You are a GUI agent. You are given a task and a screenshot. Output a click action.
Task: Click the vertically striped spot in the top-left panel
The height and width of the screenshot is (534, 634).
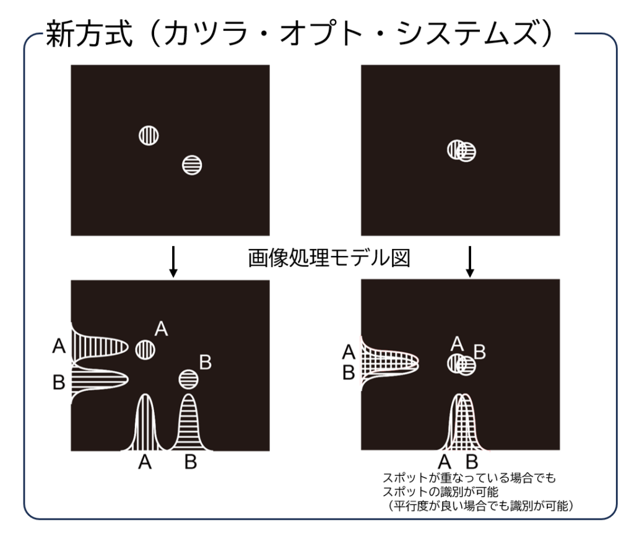point(149,135)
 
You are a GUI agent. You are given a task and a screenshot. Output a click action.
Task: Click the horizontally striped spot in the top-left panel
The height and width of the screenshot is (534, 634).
point(192,165)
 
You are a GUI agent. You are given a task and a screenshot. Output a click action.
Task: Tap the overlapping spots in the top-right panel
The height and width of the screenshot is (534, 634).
point(461,151)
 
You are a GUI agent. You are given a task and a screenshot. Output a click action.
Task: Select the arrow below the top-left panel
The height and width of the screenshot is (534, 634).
point(173,261)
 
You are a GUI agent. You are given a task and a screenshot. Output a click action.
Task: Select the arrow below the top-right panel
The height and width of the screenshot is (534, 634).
point(469,261)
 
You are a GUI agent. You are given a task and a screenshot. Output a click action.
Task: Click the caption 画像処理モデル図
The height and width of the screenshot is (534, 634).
point(329,258)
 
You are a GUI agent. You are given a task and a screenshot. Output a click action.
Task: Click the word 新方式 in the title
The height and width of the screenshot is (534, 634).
point(89,34)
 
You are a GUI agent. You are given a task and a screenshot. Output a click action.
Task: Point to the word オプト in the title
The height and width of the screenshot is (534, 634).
point(320,34)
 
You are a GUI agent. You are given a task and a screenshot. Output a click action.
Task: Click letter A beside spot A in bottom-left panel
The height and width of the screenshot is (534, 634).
point(162,328)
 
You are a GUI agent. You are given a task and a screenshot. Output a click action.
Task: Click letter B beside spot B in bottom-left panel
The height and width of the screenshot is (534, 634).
point(206,362)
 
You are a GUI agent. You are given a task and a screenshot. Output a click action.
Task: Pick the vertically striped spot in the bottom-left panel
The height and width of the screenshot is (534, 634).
point(145,349)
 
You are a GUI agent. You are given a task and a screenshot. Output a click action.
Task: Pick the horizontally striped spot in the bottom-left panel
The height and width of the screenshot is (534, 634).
point(188,380)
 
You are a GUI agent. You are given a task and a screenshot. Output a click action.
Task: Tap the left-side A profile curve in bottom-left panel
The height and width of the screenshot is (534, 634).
point(100,347)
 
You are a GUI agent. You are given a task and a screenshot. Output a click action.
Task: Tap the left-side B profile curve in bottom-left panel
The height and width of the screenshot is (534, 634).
point(100,380)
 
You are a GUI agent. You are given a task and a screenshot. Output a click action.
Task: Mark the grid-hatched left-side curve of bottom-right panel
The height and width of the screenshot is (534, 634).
point(389,363)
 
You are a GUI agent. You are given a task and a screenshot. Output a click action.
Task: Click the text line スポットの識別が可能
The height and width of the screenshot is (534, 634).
point(440,492)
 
